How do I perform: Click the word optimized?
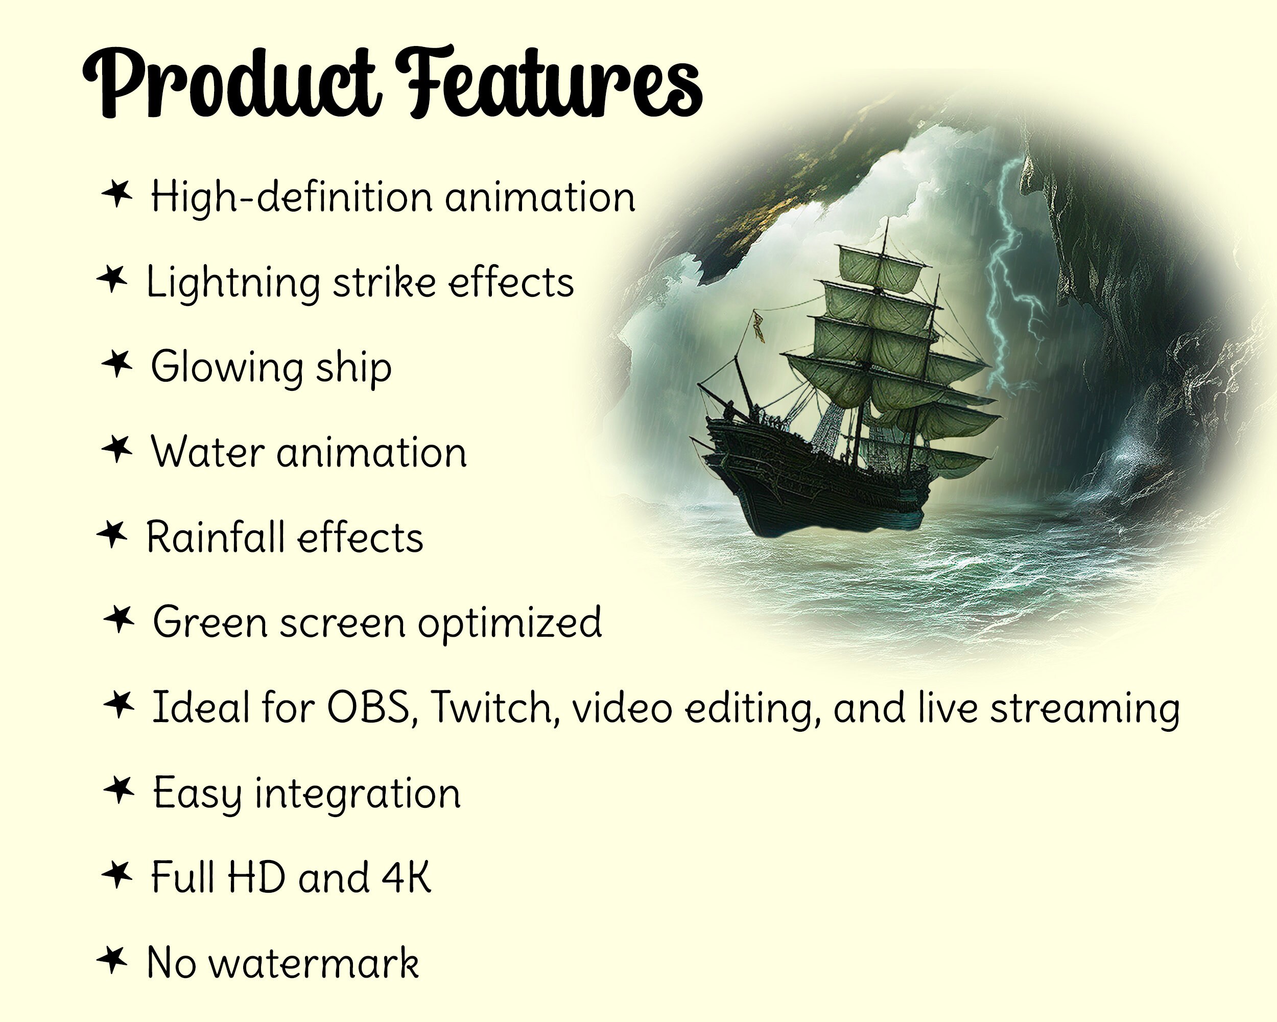tap(510, 624)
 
